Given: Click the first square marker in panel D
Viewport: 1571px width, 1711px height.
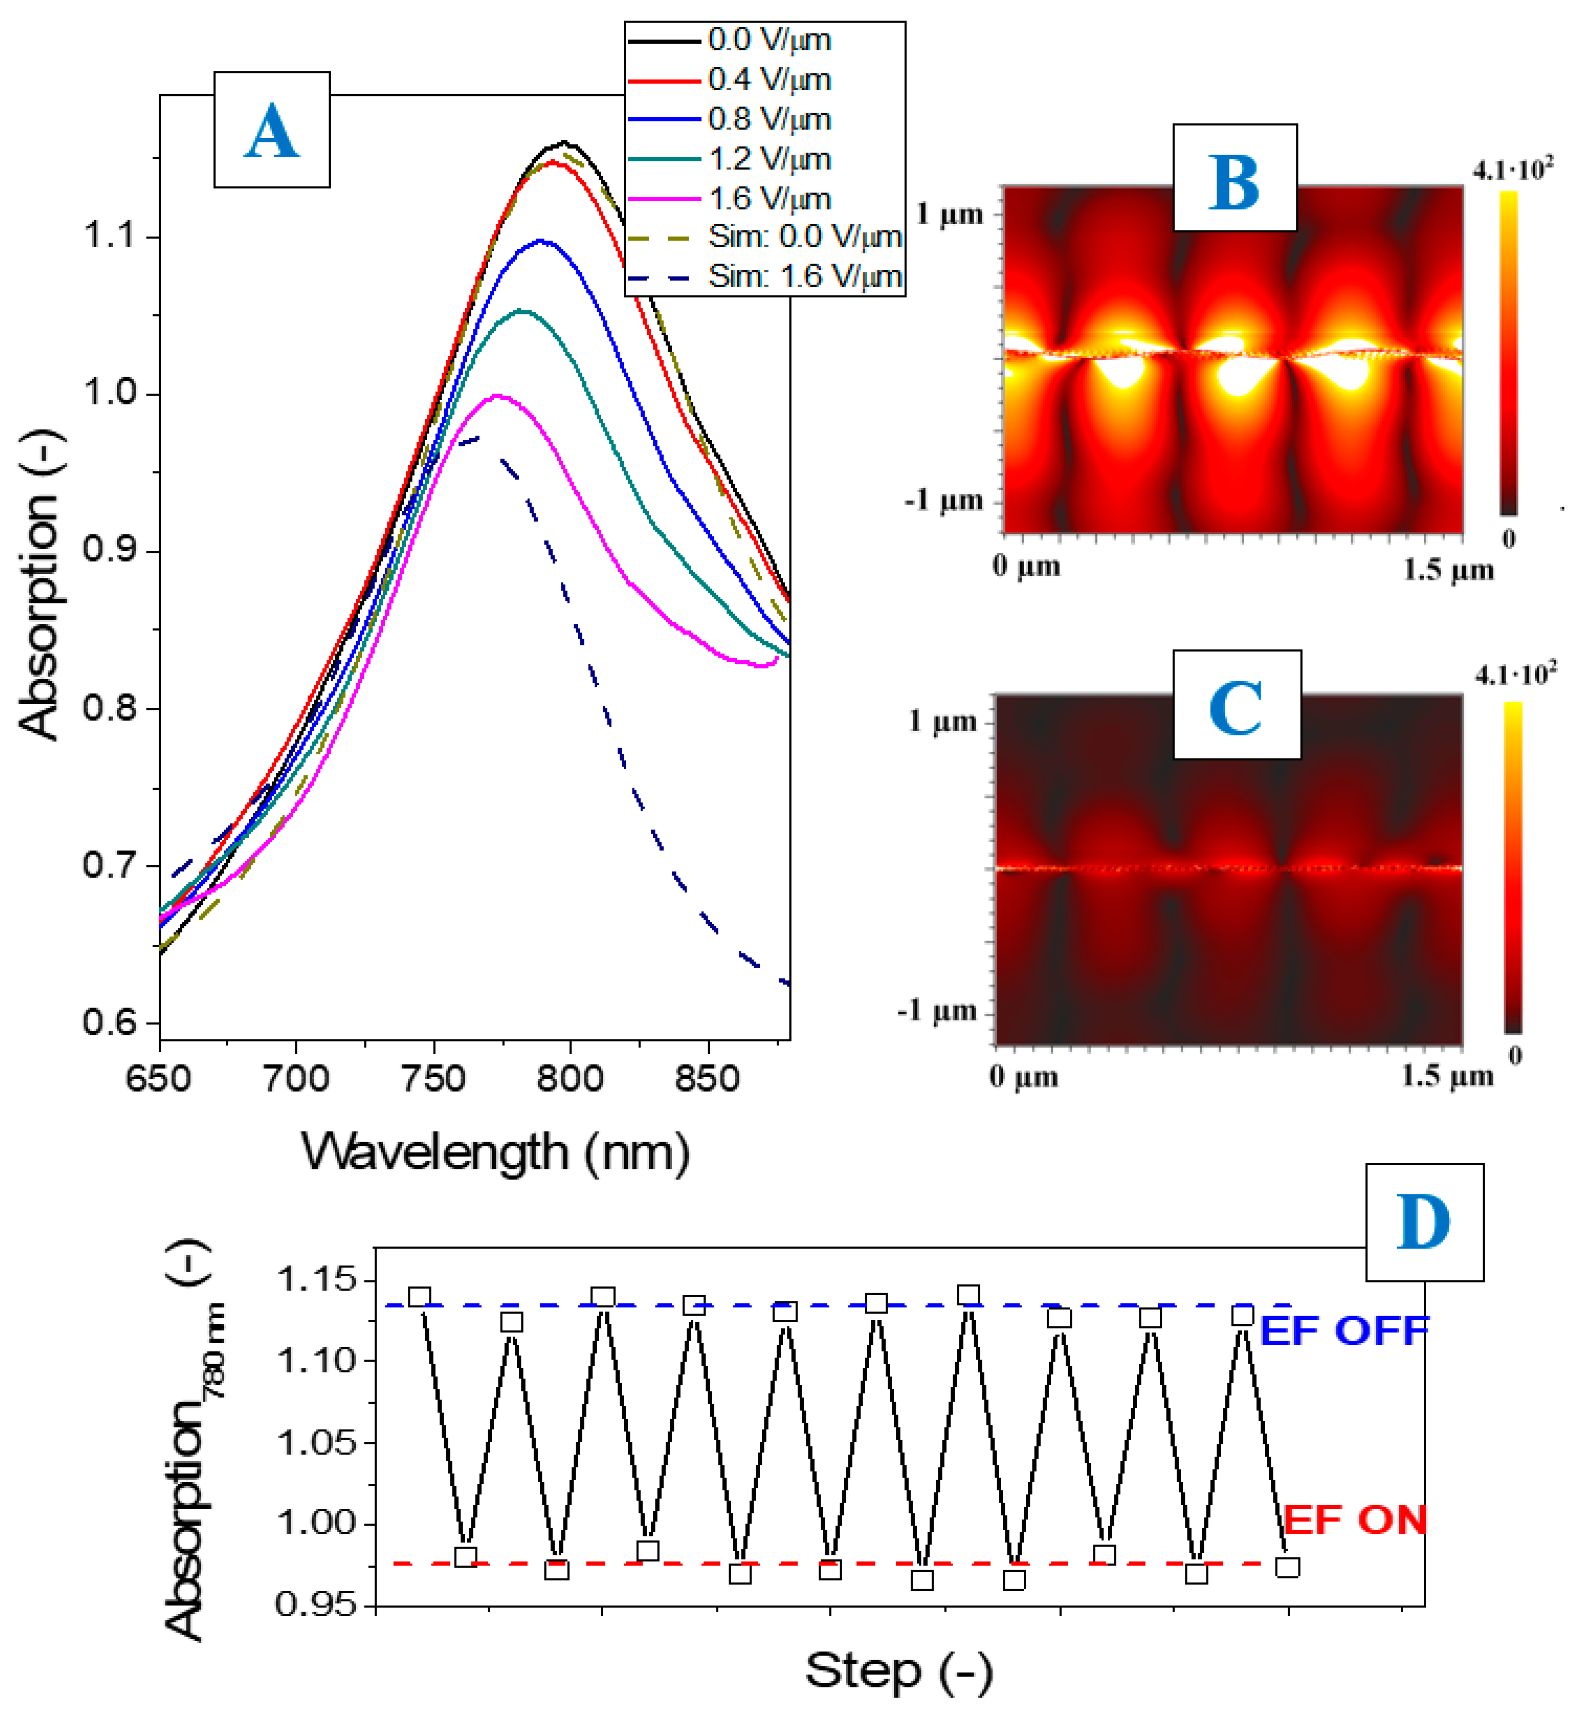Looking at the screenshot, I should coord(419,1297).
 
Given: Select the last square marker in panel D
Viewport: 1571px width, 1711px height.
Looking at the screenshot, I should coord(1288,1567).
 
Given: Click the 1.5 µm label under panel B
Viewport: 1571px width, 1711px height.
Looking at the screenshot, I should coord(1447,570).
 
